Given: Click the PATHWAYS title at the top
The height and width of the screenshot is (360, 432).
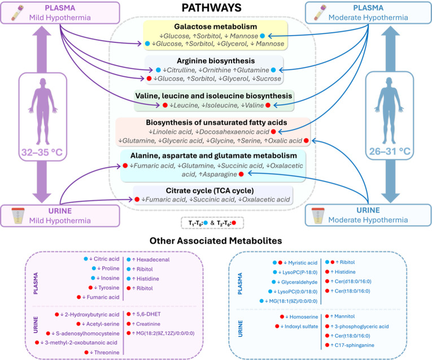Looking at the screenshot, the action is [211, 7].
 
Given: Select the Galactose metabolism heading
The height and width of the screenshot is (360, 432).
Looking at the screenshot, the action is [216, 27].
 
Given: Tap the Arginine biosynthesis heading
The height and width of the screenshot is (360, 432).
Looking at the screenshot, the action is [216, 60].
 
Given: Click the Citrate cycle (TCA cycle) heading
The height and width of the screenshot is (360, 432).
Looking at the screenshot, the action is [210, 190].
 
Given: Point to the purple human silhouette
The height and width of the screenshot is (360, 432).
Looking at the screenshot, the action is [43, 111].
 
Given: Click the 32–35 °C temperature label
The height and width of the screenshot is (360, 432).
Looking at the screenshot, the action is [42, 152].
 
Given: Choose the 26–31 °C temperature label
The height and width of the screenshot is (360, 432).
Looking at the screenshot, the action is [390, 151].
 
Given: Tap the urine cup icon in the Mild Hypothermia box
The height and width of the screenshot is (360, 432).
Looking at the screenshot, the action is [18, 215].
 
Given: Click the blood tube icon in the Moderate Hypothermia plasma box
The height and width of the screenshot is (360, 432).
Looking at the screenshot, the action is [320, 12].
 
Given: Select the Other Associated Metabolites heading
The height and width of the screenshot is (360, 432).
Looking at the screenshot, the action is [216, 241].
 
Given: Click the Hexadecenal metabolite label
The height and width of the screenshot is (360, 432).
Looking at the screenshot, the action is [153, 259].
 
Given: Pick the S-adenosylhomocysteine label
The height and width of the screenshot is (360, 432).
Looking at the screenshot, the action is [88, 333].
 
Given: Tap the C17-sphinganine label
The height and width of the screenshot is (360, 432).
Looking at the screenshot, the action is [354, 345].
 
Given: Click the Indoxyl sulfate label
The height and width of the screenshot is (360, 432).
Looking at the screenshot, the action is [301, 326].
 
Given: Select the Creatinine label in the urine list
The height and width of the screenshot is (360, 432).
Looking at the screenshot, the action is [148, 324].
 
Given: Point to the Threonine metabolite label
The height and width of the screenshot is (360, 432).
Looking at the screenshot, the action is [107, 353].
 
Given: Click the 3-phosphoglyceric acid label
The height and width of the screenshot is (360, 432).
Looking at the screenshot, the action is [361, 326].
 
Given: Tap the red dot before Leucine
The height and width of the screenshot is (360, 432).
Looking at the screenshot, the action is [165, 105].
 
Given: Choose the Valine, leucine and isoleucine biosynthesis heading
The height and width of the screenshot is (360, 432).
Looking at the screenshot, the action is [213, 96].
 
